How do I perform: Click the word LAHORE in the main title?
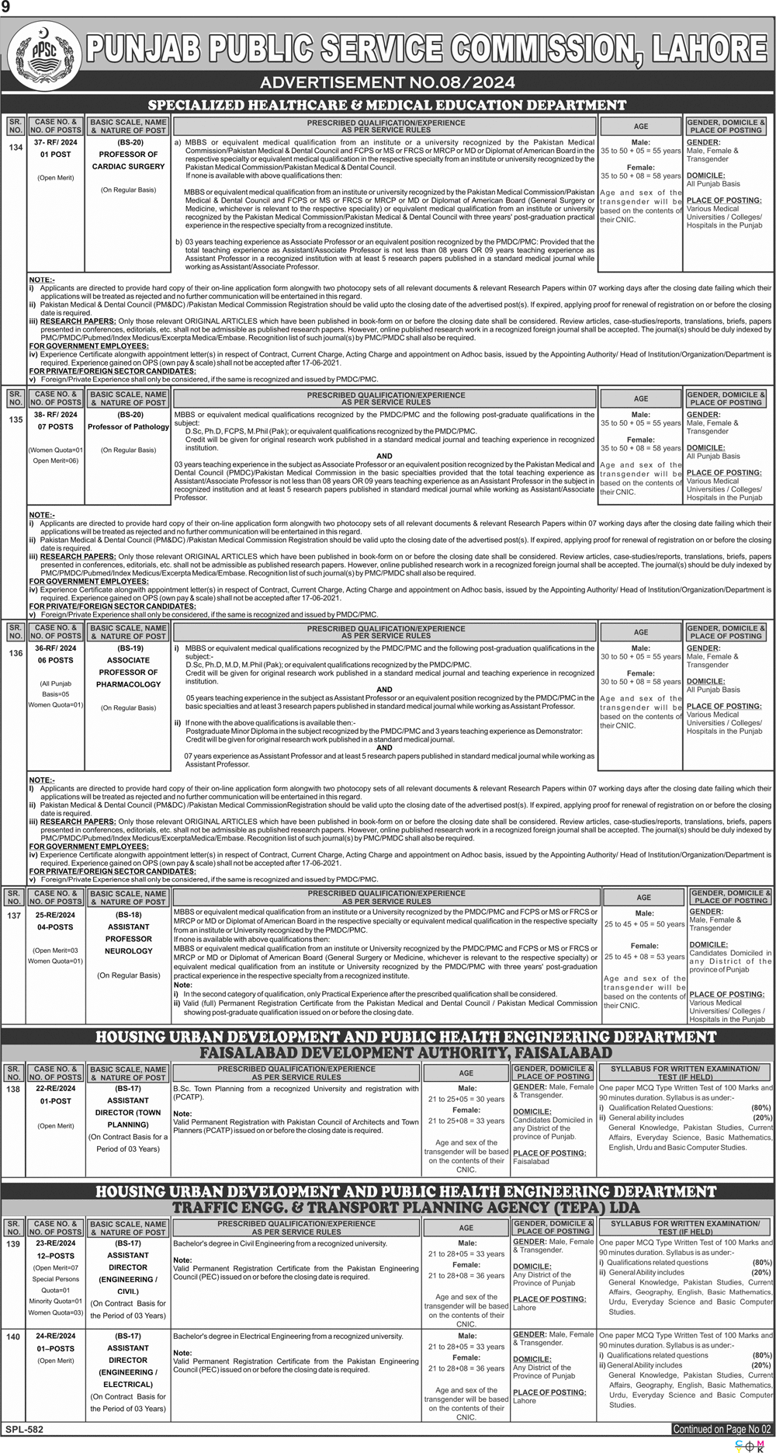[705, 51]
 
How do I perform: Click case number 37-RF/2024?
[56, 143]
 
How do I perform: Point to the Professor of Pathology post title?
[128, 426]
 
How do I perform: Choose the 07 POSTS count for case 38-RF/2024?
[56, 427]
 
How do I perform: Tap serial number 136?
[15, 653]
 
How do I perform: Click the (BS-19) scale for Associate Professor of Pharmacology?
[130, 648]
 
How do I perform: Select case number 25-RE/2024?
[56, 914]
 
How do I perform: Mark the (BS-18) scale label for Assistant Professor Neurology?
[129, 915]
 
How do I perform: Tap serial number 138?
[15, 1090]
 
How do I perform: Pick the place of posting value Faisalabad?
[531, 1161]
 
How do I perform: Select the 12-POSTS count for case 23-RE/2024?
[56, 1256]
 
